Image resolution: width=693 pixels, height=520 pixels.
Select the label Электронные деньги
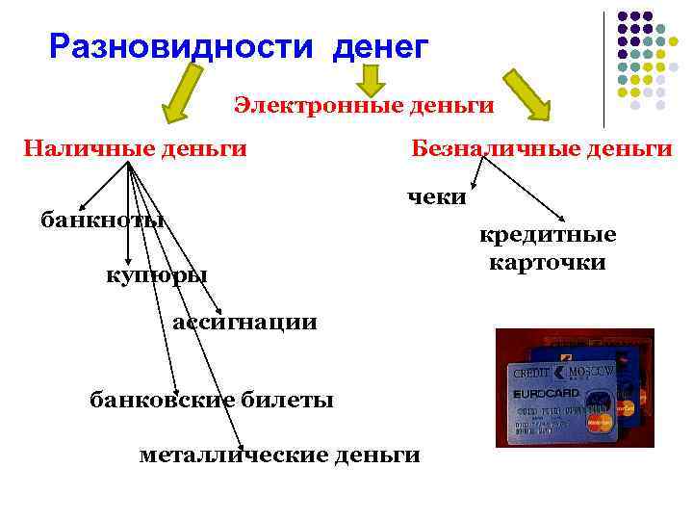[364, 104]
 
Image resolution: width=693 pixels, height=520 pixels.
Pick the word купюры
[156, 275]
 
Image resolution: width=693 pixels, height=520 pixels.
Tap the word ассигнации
[244, 322]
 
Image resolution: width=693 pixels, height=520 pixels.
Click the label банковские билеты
[212, 399]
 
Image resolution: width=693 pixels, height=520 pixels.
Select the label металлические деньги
[279, 454]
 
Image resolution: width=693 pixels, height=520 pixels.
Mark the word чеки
[436, 197]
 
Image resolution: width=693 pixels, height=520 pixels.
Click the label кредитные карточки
[547, 248]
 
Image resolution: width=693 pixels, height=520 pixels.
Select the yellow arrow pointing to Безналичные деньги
[528, 96]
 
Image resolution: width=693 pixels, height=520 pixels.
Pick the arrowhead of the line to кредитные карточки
[560, 221]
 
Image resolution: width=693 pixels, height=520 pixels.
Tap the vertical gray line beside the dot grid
[604, 67]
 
